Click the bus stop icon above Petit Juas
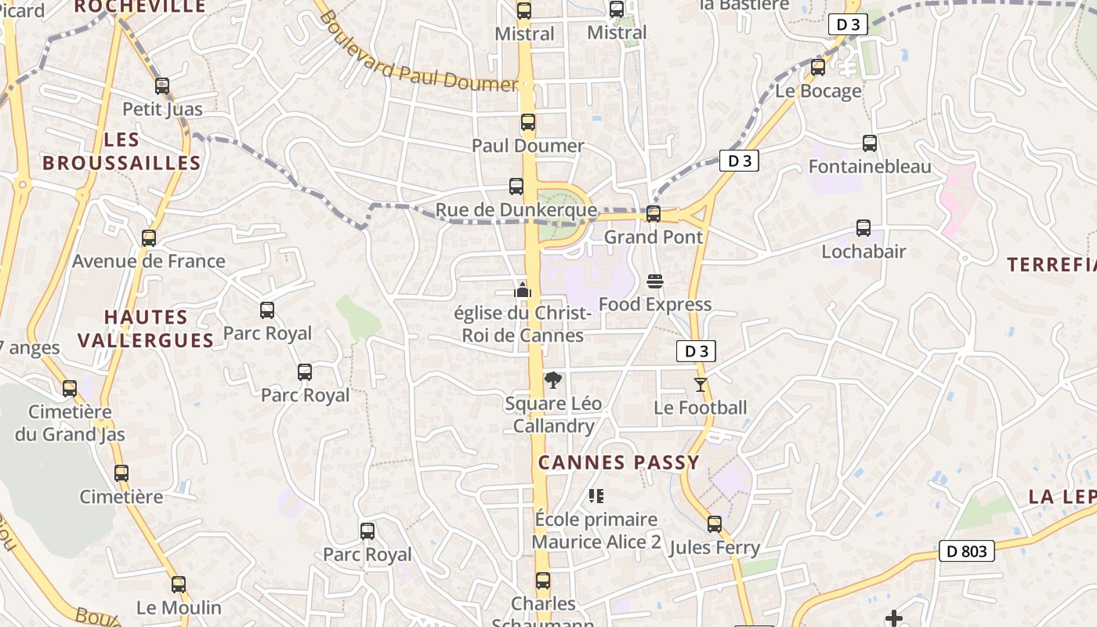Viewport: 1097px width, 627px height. click(162, 86)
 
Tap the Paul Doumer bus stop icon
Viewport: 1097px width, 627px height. click(528, 122)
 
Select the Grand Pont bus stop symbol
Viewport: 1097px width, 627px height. click(653, 213)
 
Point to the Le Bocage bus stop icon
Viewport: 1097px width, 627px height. click(818, 67)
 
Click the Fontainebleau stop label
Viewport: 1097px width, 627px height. click(869, 166)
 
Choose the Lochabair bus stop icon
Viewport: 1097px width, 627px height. click(863, 228)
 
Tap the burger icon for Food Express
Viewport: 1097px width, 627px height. click(655, 281)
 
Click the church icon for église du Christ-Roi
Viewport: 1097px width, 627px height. click(523, 290)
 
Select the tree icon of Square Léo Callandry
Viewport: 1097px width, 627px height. click(553, 381)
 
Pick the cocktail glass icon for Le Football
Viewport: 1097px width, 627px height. click(700, 385)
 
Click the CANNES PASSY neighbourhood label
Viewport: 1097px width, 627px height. click(618, 462)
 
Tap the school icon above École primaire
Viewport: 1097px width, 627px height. click(596, 496)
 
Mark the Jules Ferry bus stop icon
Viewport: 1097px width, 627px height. click(715, 524)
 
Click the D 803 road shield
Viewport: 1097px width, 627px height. click(966, 551)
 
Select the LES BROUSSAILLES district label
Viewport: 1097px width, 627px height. click(121, 151)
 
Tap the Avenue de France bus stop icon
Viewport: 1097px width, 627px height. click(149, 238)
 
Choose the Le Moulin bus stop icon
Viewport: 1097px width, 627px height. click(179, 585)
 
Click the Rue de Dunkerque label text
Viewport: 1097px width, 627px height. click(516, 210)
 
